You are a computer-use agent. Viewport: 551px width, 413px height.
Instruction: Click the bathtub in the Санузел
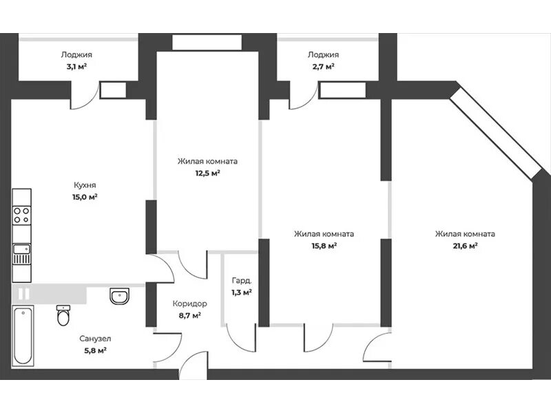[23, 336]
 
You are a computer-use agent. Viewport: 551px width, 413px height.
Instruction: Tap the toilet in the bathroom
[63, 315]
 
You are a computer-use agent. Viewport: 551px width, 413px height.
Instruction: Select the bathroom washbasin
[119, 296]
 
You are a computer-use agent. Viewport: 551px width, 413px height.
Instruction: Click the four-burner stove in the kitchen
[21, 215]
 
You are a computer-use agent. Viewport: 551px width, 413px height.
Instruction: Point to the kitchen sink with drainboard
[21, 254]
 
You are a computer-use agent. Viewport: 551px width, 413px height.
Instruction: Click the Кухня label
[85, 185]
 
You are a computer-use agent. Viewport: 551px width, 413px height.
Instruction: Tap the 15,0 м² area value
[85, 197]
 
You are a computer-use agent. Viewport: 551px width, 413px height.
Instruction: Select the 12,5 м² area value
[207, 173]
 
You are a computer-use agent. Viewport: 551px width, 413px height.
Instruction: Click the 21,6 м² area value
[465, 246]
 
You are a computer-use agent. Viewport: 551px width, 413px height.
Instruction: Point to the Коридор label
[190, 304]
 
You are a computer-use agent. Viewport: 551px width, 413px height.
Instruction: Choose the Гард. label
[242, 281]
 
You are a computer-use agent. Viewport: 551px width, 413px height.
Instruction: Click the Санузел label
[95, 339]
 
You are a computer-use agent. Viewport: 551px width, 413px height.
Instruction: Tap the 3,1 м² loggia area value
[76, 66]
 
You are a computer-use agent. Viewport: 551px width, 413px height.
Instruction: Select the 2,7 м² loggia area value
[323, 66]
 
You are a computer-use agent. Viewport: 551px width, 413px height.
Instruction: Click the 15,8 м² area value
[324, 246]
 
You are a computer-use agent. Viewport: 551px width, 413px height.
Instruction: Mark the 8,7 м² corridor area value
[190, 315]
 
